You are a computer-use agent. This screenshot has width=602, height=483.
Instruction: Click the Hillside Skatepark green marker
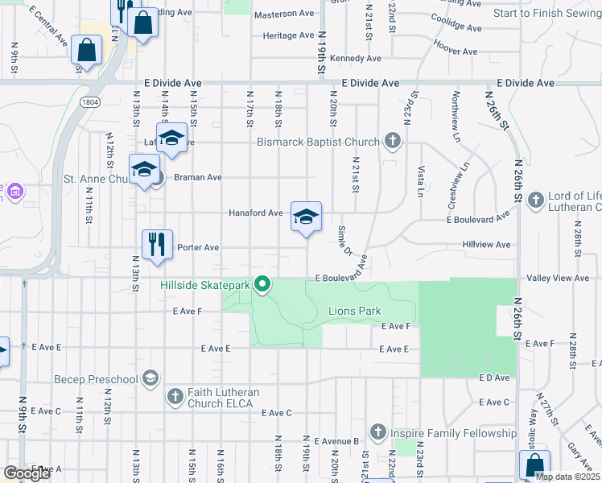[262, 284]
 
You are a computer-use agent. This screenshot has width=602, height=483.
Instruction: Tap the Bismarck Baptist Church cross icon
[392, 142]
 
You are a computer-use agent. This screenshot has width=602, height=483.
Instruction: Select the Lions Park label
[354, 311]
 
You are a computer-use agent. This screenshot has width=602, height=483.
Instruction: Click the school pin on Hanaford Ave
[306, 217]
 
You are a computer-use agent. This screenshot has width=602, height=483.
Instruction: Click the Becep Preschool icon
[150, 378]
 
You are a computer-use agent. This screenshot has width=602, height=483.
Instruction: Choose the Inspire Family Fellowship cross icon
[378, 432]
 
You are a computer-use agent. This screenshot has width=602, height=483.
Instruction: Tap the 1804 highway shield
[89, 101]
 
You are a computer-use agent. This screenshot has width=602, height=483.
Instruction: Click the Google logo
[27, 473]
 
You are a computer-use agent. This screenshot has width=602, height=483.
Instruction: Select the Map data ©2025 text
[567, 477]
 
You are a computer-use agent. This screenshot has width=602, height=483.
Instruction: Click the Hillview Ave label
[486, 244]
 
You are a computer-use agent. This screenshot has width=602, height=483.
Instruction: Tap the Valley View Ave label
[558, 278]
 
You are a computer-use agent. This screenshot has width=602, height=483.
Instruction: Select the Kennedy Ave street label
[355, 58]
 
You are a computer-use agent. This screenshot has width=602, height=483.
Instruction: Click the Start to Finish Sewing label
[546, 13]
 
